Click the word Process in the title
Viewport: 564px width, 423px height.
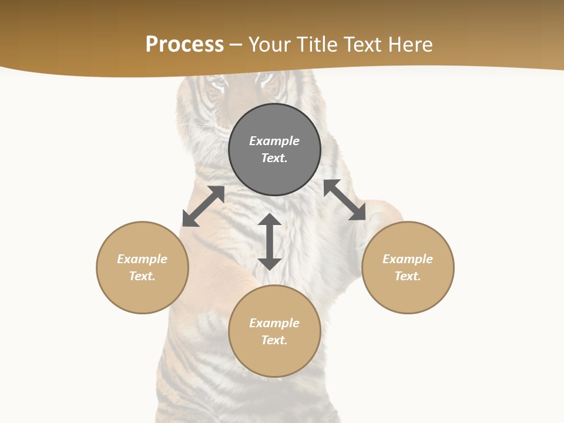tap(184, 45)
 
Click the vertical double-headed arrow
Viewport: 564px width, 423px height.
tap(270, 241)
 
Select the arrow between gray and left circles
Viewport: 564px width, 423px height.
tap(203, 206)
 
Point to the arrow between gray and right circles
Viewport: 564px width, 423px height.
tap(345, 200)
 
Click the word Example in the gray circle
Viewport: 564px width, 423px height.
tap(274, 141)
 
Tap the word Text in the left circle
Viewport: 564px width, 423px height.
tap(142, 276)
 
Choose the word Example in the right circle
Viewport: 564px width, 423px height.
tap(408, 259)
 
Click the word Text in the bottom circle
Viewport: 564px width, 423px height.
tap(274, 340)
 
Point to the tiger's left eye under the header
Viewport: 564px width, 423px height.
tap(219, 83)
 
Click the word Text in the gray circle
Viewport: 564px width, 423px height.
tap(274, 158)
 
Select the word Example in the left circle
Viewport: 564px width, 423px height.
tap(142, 259)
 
